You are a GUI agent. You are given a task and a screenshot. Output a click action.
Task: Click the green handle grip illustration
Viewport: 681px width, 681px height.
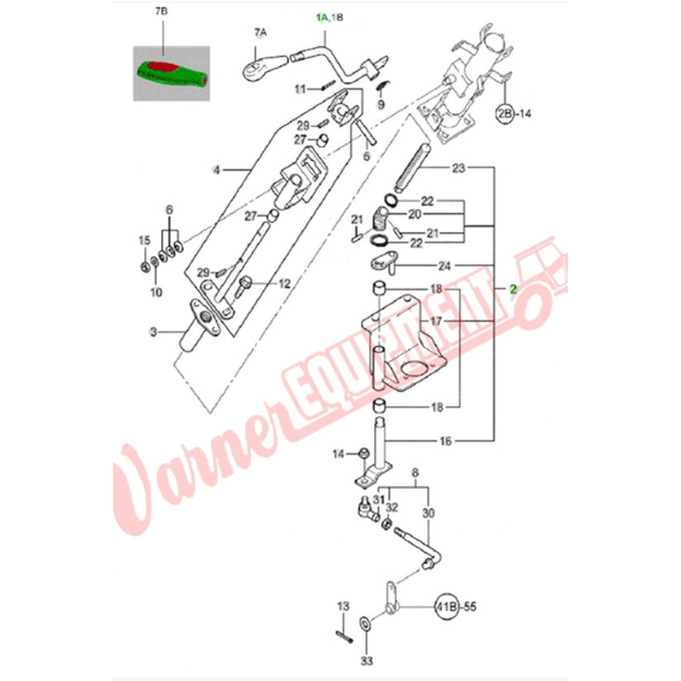172,74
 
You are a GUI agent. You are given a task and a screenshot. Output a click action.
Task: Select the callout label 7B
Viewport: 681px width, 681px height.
161,12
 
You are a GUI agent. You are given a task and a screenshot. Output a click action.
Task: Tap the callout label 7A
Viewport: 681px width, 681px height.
261,32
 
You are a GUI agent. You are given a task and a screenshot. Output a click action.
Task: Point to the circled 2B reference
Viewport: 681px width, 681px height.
504,114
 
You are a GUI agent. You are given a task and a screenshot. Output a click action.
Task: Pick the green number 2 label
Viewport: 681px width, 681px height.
513,289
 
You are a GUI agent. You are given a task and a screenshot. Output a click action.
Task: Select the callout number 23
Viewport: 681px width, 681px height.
459,168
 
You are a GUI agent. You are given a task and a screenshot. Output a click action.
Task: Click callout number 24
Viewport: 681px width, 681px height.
444,265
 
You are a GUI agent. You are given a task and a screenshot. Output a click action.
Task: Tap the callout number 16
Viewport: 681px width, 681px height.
446,442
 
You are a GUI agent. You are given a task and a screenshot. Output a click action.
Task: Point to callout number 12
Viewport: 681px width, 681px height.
284,284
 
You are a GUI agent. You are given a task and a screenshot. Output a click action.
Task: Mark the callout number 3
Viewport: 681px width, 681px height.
154,333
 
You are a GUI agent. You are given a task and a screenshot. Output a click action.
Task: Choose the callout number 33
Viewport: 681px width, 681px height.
367,661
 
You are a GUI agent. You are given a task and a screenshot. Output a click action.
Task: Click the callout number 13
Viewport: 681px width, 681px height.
343,606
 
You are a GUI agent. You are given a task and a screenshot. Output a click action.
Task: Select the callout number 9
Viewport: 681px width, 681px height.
381,104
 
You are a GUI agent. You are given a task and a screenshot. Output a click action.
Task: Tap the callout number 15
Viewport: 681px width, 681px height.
144,240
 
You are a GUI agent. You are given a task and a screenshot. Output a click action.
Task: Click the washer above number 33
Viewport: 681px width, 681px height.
365,624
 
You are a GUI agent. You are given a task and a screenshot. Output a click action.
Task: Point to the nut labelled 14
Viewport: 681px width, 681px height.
362,453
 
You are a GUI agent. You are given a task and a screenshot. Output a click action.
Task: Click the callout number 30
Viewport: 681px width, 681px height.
428,513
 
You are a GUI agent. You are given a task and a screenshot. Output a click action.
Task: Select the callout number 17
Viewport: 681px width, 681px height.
436,321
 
